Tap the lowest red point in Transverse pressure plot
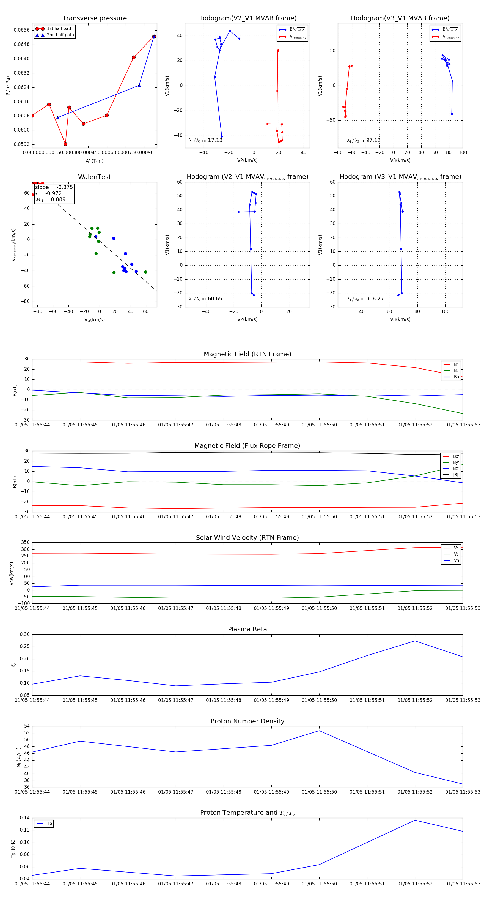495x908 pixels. coord(65,144)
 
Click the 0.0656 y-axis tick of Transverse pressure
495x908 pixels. coord(21,30)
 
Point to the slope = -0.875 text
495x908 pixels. coord(54,187)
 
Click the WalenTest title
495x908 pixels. coord(94,177)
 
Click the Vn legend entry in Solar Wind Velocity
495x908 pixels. coord(456,560)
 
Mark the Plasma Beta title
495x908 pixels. coord(247,629)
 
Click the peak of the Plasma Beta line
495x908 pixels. coord(415,641)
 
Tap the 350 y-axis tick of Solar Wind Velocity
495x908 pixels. coord(25,543)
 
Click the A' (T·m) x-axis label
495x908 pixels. coord(94,161)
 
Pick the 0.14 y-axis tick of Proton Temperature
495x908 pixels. coord(25,818)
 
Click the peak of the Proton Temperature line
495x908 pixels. coord(415,820)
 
